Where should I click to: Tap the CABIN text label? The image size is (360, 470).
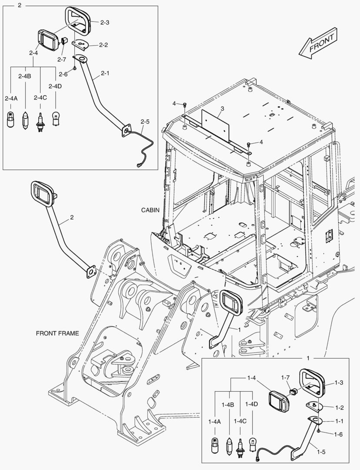click(150, 210)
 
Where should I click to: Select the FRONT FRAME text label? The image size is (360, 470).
click(57, 333)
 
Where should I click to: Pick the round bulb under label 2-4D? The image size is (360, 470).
click(56, 118)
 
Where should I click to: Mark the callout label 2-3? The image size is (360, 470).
click(104, 23)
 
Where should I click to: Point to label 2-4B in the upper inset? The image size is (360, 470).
click(25, 76)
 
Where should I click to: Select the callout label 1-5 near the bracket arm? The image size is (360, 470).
click(321, 451)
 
